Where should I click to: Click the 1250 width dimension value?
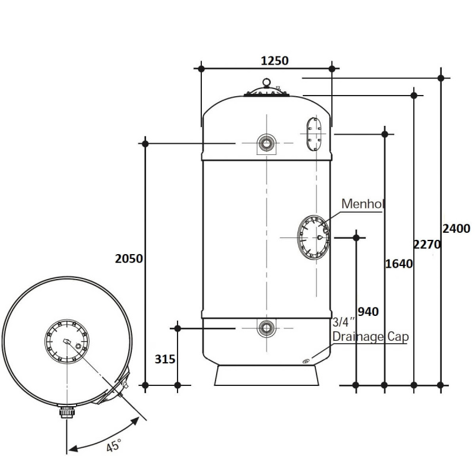274,61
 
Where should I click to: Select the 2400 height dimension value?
457,229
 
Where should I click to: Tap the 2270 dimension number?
427,244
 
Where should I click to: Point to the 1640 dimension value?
398,264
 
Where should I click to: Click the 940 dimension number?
368,312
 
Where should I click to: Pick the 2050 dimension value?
129,259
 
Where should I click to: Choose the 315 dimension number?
165,359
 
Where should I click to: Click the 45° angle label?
113,445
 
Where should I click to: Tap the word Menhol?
363,204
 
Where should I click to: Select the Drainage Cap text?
370,337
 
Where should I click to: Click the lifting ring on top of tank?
267,82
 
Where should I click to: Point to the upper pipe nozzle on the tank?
267,143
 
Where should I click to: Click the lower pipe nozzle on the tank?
267,328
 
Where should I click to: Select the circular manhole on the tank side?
313,237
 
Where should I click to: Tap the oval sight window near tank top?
314,134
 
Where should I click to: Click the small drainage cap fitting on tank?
305,361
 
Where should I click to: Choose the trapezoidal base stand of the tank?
267,375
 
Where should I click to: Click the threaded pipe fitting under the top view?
66,412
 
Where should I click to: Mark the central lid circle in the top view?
66,341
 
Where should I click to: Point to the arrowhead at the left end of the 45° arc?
73,448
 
